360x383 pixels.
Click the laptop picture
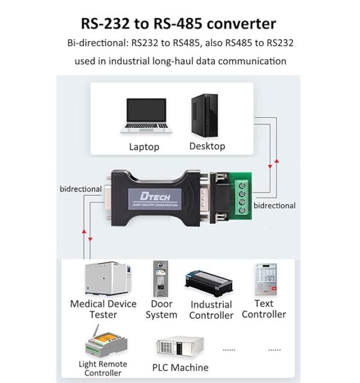tap(146, 115)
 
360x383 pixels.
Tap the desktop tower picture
tap(205, 115)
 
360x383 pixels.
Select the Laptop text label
tap(144, 147)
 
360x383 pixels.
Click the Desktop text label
tap(207, 146)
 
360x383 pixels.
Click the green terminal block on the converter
tap(241, 197)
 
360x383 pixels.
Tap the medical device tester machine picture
tap(108, 279)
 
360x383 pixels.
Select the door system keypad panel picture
tap(160, 279)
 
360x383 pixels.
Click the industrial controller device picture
tap(209, 283)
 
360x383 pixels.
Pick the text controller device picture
tap(266, 279)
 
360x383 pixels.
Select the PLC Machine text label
tap(181, 367)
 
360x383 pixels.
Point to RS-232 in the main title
tap(105, 23)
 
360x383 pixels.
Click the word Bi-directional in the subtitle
tap(98, 43)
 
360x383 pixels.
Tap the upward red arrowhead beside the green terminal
tap(277, 161)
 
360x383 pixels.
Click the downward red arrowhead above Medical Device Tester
tap(90, 240)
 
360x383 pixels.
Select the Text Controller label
tap(264, 309)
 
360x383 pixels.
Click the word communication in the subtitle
tap(252, 61)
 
